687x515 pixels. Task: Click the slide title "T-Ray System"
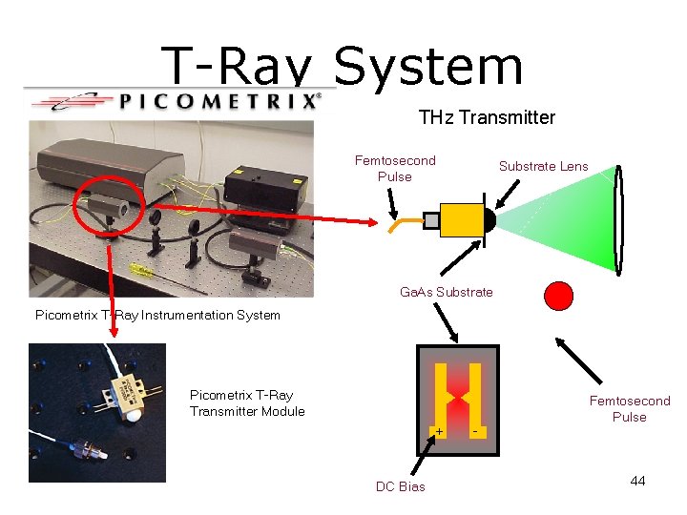tap(343, 66)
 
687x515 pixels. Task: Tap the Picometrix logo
tap(172, 100)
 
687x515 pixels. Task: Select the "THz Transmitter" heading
tap(486, 117)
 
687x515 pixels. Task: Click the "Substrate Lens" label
tap(543, 166)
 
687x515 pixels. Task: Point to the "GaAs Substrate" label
tap(446, 292)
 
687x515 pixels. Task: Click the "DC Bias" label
tap(401, 486)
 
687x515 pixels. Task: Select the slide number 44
tap(637, 481)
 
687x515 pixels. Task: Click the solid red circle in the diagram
tap(558, 296)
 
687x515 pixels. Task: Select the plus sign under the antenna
tap(439, 432)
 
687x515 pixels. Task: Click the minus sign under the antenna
tap(474, 432)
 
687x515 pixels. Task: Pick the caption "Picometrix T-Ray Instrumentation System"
tap(157, 315)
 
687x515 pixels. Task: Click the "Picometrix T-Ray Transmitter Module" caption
tap(247, 403)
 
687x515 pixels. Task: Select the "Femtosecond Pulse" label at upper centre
tap(394, 168)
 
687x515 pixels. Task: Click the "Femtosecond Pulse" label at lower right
tap(629, 408)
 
